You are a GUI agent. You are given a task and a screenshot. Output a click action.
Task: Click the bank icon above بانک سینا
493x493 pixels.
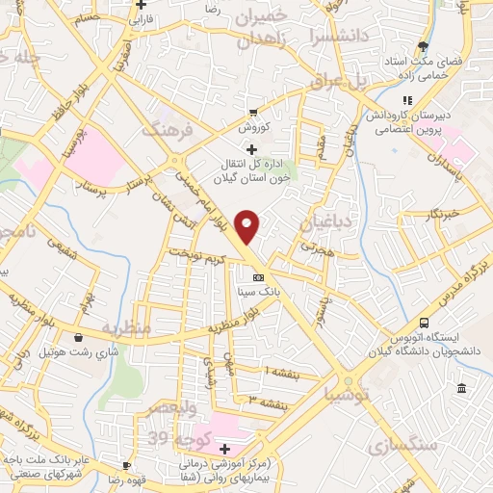(257, 277)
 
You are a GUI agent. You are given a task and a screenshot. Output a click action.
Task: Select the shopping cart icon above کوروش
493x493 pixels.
(253, 113)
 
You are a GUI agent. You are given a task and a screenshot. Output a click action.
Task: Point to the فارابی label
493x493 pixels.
(142, 17)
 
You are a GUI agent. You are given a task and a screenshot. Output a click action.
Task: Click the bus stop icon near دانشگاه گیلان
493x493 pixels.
(425, 323)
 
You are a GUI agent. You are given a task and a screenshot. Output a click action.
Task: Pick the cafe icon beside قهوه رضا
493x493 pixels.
(132, 479)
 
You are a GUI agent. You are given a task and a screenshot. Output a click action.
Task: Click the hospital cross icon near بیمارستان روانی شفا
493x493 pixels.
(224, 449)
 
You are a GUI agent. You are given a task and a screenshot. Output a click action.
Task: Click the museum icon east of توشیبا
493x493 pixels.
(461, 388)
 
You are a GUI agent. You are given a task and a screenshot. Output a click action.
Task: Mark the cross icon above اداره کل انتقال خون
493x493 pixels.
(252, 149)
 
